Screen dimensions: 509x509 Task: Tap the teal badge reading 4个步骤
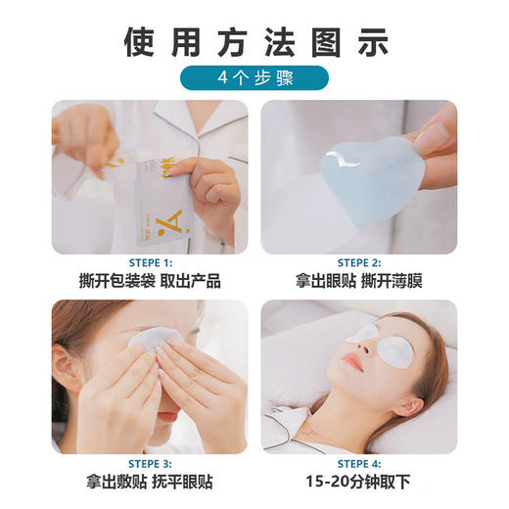(254, 78)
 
